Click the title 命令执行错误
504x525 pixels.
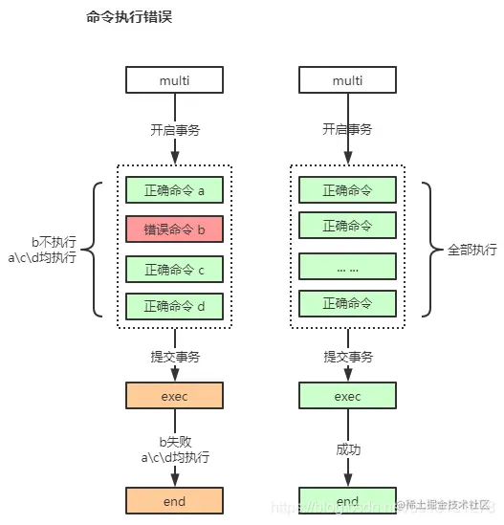(x=129, y=18)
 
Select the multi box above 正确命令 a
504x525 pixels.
(x=174, y=80)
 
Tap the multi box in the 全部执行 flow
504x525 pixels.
(x=347, y=80)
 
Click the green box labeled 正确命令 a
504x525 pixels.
(x=174, y=190)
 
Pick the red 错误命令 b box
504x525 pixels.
(x=174, y=230)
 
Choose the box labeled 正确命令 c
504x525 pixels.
(x=174, y=269)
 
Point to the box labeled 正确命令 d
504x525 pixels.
(x=174, y=306)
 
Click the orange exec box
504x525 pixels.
(x=174, y=395)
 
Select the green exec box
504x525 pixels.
(x=347, y=395)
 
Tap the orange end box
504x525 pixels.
(x=174, y=500)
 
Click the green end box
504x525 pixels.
(x=347, y=500)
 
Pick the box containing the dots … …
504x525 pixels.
(x=347, y=267)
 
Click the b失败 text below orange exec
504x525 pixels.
(x=175, y=441)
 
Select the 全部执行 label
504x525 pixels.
(x=471, y=250)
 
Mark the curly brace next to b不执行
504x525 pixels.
(x=99, y=249)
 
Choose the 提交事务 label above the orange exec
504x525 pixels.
(x=175, y=357)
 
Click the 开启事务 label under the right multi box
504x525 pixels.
(x=347, y=129)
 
